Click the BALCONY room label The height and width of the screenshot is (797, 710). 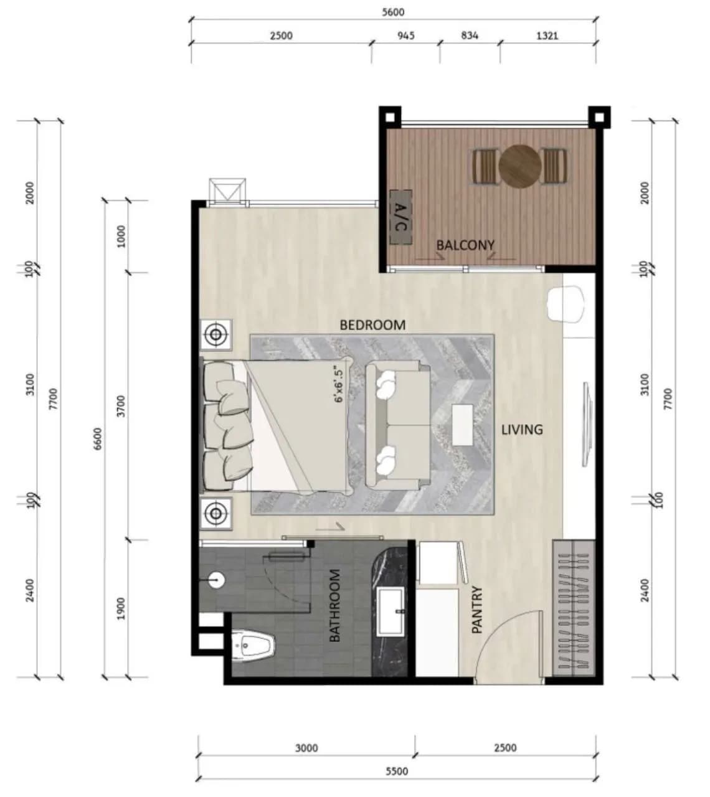tap(465, 245)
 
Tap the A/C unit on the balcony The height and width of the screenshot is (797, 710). tap(400, 217)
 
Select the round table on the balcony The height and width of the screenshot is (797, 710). tap(520, 166)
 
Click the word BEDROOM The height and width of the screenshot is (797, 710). tap(372, 325)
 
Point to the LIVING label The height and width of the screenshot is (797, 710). tap(522, 430)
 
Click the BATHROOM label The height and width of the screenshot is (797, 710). tap(334, 606)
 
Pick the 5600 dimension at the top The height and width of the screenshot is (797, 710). tap(393, 12)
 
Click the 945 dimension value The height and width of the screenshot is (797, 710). tap(406, 35)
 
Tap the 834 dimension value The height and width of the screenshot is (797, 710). tap(470, 35)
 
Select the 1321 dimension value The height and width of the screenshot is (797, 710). tap(547, 35)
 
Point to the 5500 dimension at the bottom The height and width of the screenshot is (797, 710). tap(397, 771)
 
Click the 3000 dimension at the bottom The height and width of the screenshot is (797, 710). tap(306, 748)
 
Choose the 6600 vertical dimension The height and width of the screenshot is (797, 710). tap(98, 439)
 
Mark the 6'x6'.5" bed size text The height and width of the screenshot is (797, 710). tap(338, 385)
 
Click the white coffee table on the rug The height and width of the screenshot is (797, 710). tap(463, 425)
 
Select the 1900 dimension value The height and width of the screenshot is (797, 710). tap(121, 608)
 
